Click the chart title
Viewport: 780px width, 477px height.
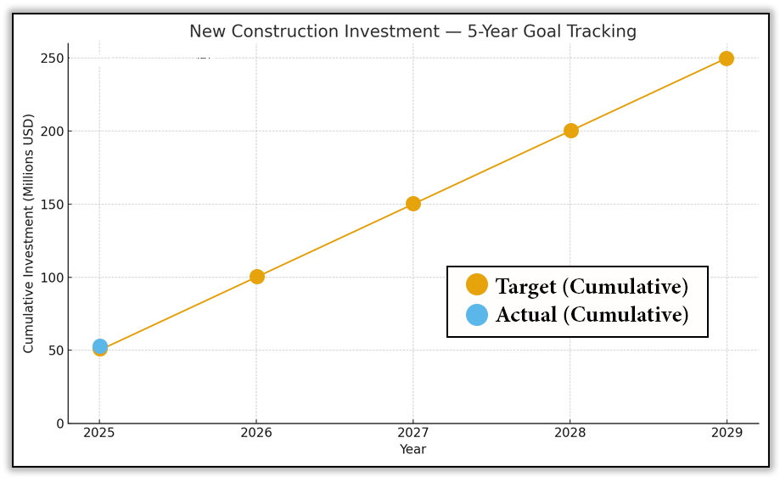pyautogui.click(x=412, y=32)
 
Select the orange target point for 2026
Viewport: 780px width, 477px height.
pyautogui.click(x=257, y=277)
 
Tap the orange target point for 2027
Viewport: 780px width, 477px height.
pyautogui.click(x=413, y=204)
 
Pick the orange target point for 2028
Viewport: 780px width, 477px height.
pyautogui.click(x=570, y=131)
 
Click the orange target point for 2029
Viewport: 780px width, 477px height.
pyautogui.click(x=727, y=59)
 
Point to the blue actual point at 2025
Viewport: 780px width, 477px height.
pyautogui.click(x=99, y=345)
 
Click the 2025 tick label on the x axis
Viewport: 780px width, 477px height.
pyautogui.click(x=99, y=433)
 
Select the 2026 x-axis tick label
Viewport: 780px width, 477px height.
pyautogui.click(x=256, y=433)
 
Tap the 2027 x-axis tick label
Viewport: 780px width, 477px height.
pyautogui.click(x=413, y=433)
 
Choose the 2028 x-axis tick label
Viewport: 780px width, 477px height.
pyautogui.click(x=570, y=433)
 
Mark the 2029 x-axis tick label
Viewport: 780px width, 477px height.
pyautogui.click(x=727, y=433)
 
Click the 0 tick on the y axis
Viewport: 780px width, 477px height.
pyautogui.click(x=59, y=424)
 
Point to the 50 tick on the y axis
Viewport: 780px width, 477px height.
pyautogui.click(x=55, y=351)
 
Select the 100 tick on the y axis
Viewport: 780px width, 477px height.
pyautogui.click(x=52, y=278)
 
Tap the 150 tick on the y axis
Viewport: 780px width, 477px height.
pyautogui.click(x=52, y=205)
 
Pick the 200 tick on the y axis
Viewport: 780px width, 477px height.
pyautogui.click(x=52, y=132)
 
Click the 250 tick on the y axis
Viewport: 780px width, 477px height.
pyautogui.click(x=52, y=59)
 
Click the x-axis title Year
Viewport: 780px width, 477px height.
pyautogui.click(x=412, y=450)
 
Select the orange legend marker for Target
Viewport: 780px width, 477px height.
pyautogui.click(x=477, y=285)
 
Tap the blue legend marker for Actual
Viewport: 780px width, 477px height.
pyautogui.click(x=477, y=315)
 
